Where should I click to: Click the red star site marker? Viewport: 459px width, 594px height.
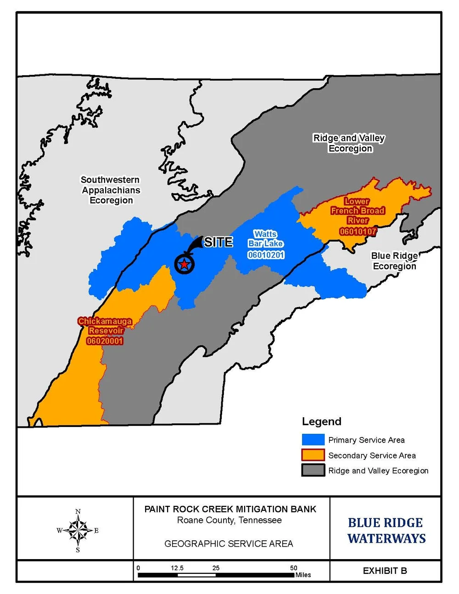click(x=184, y=264)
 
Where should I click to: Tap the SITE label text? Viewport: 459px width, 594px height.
click(x=218, y=242)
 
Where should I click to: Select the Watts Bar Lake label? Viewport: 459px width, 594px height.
click(x=265, y=239)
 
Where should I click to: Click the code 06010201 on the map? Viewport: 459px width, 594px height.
click(x=266, y=255)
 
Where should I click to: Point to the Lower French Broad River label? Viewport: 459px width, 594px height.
click(x=357, y=210)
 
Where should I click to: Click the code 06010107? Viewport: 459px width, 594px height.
click(x=358, y=231)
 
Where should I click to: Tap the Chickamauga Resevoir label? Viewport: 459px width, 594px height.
click(x=105, y=326)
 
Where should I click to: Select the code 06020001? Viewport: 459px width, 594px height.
click(x=105, y=341)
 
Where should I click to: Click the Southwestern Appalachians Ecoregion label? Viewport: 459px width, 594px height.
click(x=111, y=190)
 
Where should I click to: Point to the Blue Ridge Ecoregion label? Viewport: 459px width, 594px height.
click(x=394, y=261)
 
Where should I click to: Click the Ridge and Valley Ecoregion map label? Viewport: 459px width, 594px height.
click(x=349, y=143)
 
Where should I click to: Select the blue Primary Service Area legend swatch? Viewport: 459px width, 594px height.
click(x=313, y=440)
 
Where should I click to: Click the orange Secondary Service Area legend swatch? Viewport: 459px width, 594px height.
click(x=313, y=455)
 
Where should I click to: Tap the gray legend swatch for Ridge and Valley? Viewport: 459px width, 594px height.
click(x=313, y=470)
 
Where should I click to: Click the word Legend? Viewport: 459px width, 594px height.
click(x=321, y=421)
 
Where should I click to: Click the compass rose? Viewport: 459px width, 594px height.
click(x=78, y=530)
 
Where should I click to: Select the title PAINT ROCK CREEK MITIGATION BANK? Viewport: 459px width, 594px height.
click(x=230, y=509)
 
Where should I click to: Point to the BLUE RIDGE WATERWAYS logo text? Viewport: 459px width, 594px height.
click(x=386, y=530)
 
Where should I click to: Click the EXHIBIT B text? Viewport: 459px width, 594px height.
click(x=385, y=571)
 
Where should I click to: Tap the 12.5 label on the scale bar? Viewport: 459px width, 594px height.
click(x=177, y=568)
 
